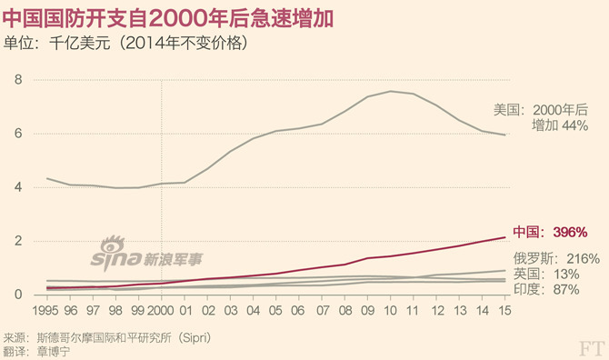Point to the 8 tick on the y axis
click(17, 80)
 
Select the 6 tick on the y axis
click(17, 134)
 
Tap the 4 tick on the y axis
click(17, 187)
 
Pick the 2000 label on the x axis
click(161, 310)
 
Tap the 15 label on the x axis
click(505, 310)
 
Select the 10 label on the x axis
click(391, 310)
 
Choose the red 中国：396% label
click(551, 232)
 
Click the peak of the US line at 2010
click(391, 91)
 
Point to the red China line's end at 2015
click(505, 237)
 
